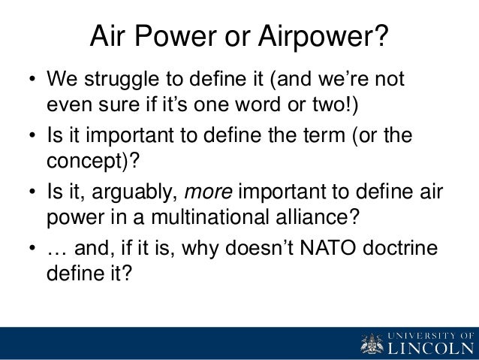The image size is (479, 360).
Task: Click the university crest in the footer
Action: [x=370, y=343]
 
